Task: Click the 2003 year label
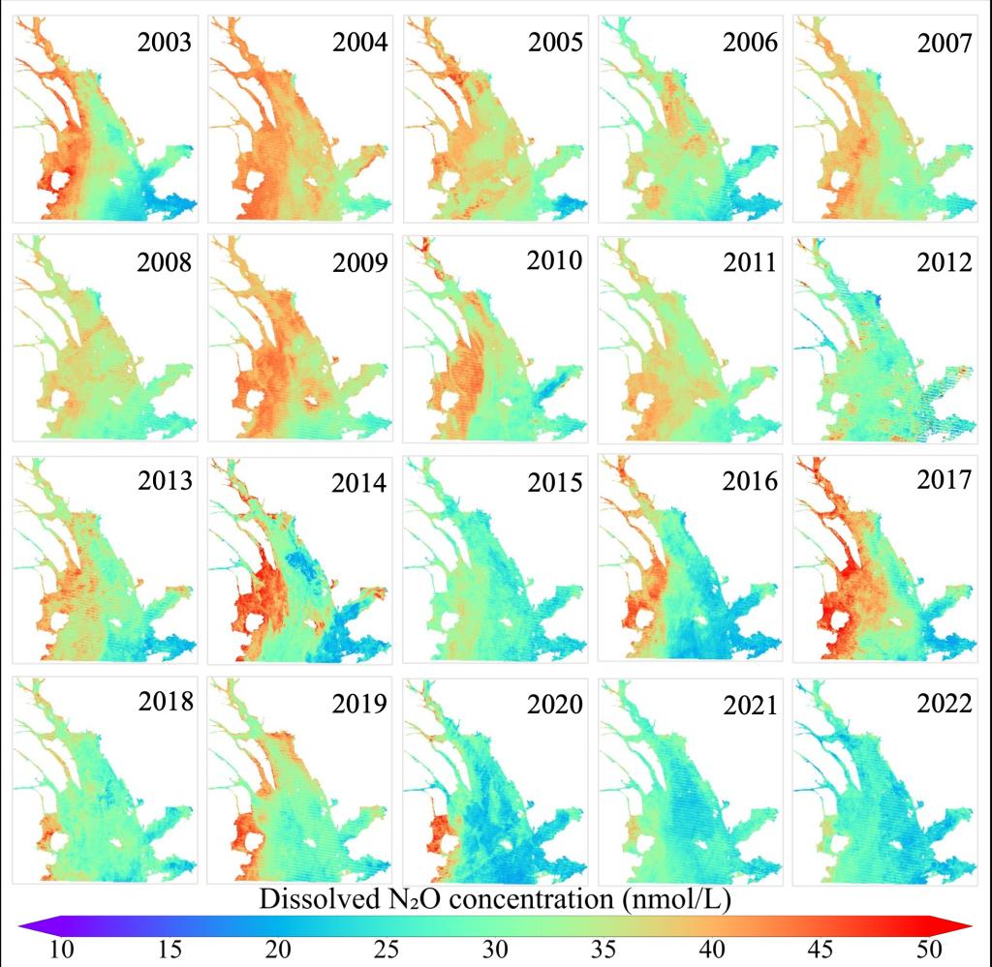coord(165,43)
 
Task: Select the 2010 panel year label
coord(555,260)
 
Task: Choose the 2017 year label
coord(944,479)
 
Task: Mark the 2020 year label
coord(555,705)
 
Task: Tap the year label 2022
coord(944,704)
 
